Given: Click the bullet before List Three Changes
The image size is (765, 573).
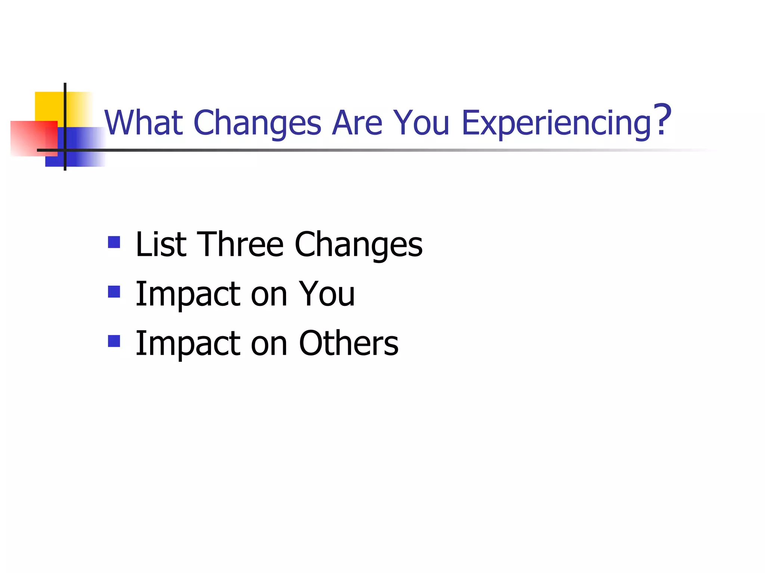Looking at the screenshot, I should (x=114, y=242).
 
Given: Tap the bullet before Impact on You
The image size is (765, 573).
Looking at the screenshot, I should (x=114, y=291).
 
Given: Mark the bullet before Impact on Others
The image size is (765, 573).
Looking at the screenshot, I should (x=114, y=341).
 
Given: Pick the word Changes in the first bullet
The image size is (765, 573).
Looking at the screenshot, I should (x=358, y=245).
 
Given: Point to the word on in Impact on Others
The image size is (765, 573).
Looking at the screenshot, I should (x=269, y=344).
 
